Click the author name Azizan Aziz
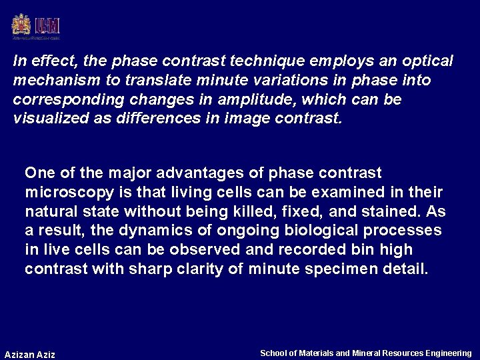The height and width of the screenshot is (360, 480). coord(30,355)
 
